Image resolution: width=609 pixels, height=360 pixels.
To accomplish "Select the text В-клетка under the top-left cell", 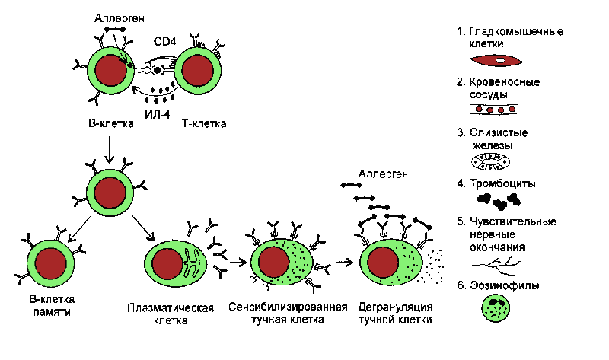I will (106, 123).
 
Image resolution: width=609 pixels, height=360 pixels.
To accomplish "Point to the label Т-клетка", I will (205, 123).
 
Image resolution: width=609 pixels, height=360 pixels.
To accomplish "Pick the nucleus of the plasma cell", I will (165, 263).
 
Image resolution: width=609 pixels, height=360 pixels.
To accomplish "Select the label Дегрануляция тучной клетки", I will (394, 314).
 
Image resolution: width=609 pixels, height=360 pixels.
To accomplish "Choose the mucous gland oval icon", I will (493, 161).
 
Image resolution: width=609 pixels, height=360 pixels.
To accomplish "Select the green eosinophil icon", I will (493, 310).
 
